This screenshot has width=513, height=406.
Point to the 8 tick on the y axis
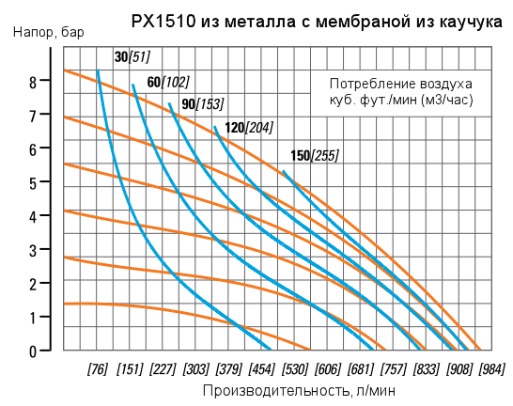[32, 82]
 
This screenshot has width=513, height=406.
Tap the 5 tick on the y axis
[32, 182]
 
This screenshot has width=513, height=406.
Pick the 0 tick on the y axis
[32, 351]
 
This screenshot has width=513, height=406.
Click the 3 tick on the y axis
[32, 250]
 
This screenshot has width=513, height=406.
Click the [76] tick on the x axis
[97, 368]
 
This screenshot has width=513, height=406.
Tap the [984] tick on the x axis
[490, 368]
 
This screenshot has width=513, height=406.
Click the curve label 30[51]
[132, 57]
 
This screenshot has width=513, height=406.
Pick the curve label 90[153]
[203, 103]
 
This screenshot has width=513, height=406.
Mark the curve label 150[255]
[314, 156]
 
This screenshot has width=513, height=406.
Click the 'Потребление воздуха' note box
[400, 90]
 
